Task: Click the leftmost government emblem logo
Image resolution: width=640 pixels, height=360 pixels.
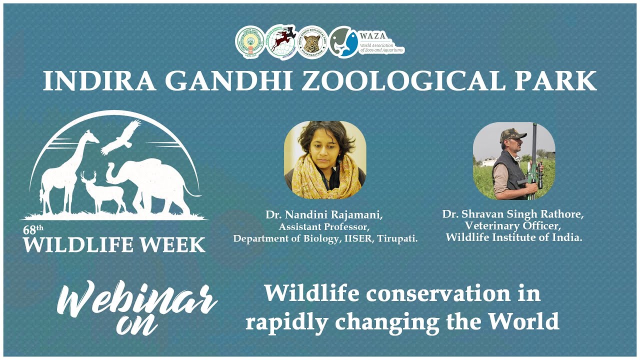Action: point(250,42)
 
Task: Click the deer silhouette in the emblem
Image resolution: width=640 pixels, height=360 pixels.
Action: point(102,192)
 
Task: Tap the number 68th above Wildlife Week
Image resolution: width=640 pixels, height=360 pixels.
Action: point(33,230)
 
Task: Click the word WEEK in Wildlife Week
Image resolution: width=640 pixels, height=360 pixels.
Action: point(172,245)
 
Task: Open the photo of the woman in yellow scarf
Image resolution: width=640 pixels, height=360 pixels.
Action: point(325,156)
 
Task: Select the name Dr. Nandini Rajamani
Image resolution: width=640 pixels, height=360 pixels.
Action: point(324,215)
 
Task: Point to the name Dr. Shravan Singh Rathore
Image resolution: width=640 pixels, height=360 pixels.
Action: point(513,214)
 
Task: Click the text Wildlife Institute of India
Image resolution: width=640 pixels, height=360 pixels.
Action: point(514,237)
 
